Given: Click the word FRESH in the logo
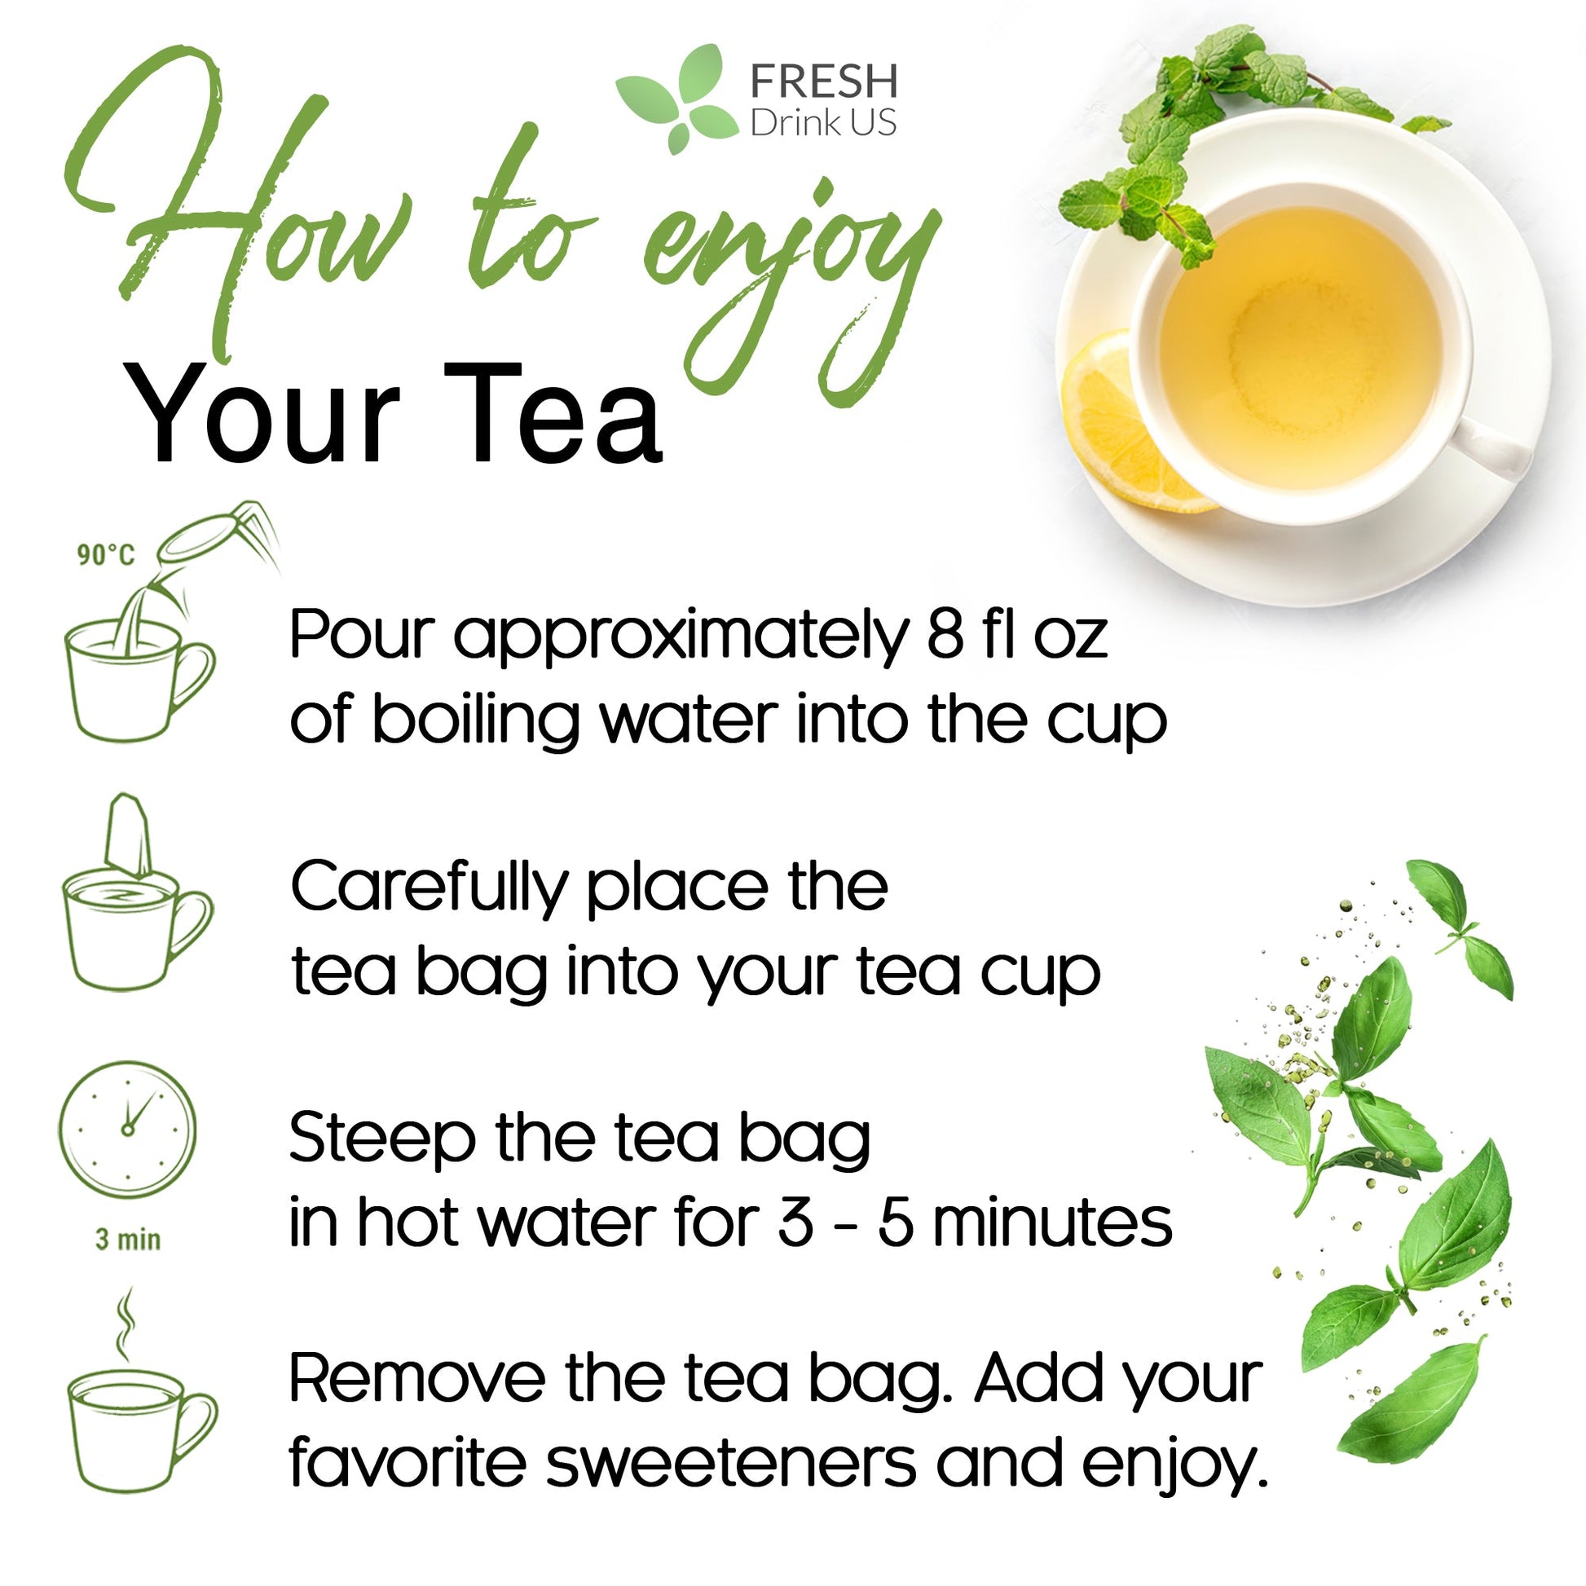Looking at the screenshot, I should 823,82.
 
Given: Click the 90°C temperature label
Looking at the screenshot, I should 105,555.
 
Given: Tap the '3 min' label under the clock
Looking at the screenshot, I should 128,1239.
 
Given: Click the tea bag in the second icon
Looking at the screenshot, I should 128,836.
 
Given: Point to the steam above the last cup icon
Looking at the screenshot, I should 124,1324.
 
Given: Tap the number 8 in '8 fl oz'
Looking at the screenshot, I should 945,635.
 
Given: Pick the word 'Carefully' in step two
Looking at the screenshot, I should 429,889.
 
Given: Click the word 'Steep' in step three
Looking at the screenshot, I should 381,1139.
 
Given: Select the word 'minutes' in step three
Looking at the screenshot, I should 1051,1224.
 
